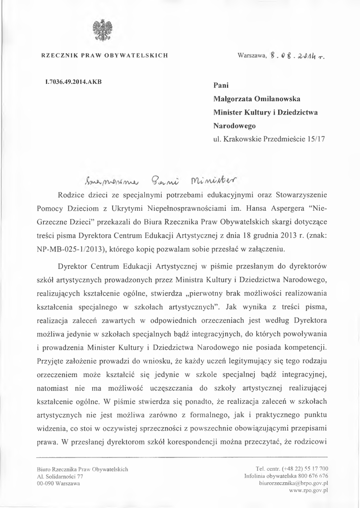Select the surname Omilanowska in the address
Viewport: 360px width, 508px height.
(x=280, y=99)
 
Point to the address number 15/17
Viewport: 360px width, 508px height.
(x=315, y=139)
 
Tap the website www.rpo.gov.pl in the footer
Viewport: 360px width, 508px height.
(x=308, y=490)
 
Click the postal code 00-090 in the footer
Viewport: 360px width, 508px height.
(x=46, y=483)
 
